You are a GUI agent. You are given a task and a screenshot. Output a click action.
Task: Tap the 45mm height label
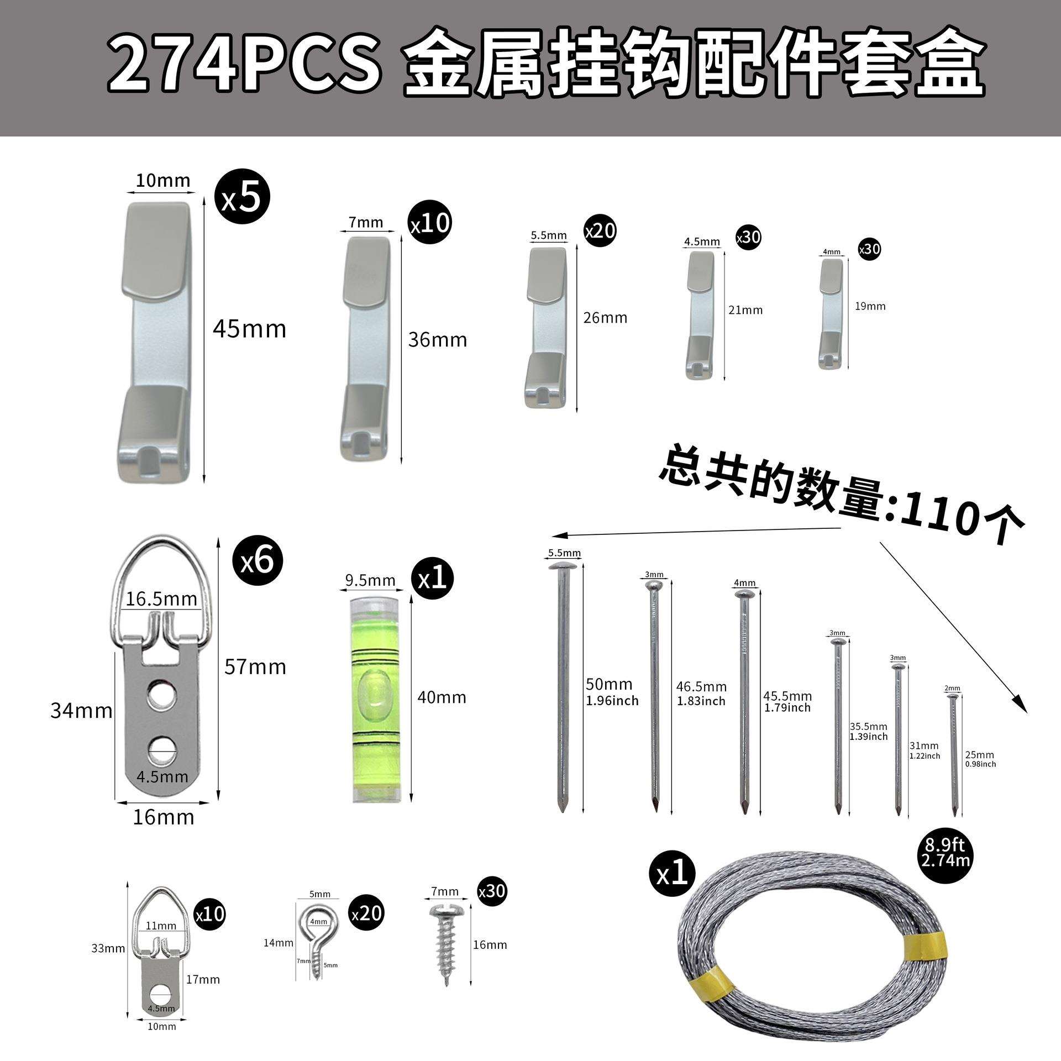[x=250, y=329]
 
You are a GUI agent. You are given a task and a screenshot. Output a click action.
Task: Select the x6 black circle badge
[x=256, y=561]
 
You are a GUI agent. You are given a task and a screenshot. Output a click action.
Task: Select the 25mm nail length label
[x=979, y=755]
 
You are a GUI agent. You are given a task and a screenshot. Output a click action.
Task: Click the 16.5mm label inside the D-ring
[x=161, y=599]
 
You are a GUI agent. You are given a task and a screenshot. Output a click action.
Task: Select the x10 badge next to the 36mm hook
[x=430, y=223]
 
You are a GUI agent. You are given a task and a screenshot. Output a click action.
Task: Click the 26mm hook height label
[x=605, y=318]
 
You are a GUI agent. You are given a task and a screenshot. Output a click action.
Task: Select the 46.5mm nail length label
[x=701, y=687]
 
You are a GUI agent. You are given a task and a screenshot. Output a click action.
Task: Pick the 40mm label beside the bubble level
[x=442, y=697]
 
